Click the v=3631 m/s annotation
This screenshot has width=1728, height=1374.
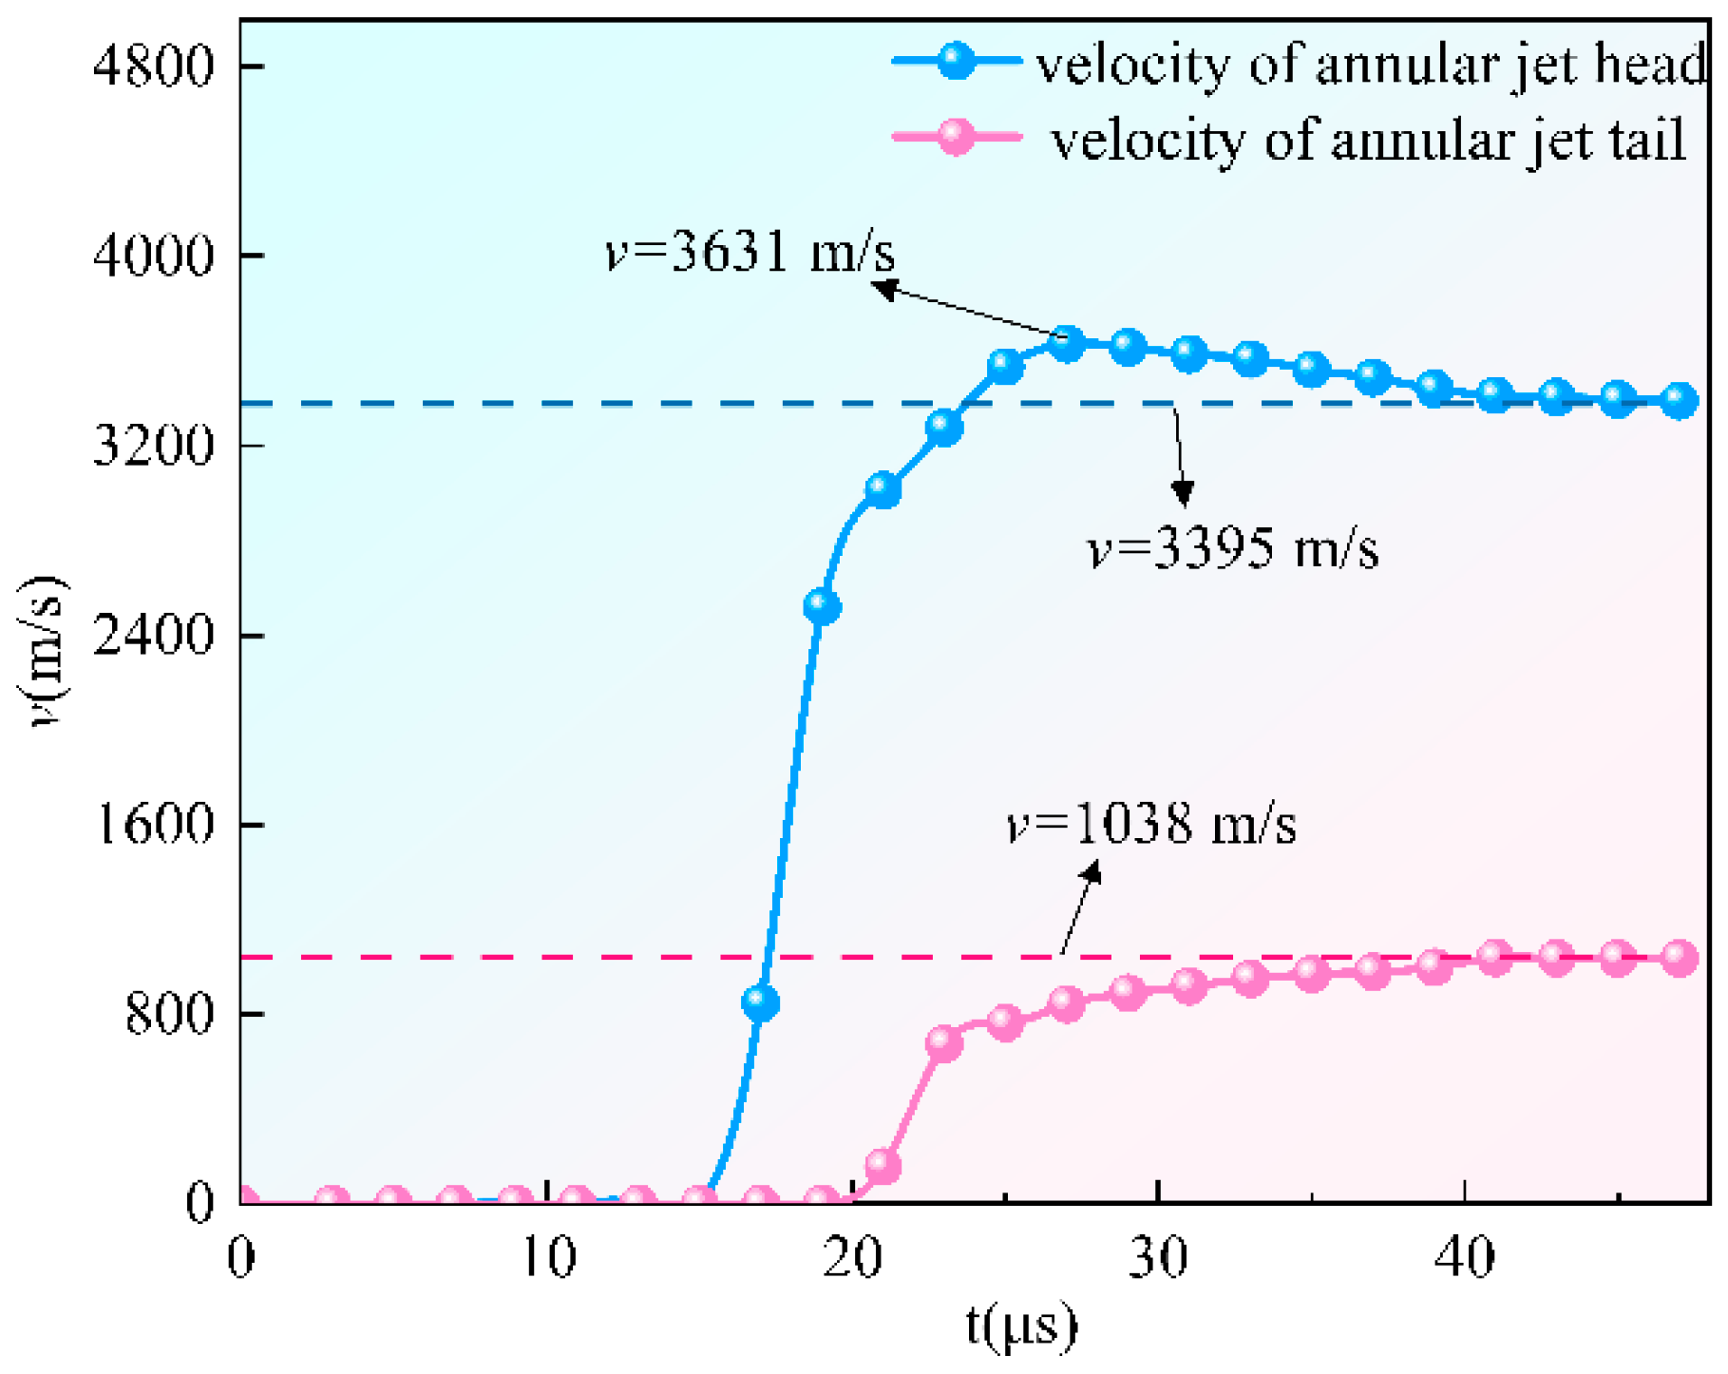tap(750, 254)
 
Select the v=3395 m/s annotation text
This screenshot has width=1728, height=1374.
tap(1232, 550)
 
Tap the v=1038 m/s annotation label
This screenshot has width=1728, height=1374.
tap(1150, 824)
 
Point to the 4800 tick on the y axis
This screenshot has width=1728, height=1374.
tap(153, 67)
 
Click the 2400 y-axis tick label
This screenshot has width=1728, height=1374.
tap(153, 635)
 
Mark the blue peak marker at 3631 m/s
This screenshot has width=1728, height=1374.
tap(1067, 344)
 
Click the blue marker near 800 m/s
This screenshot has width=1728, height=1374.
tap(761, 1002)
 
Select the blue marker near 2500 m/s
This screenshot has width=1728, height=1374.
tap(822, 606)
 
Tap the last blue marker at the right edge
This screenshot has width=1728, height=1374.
tap(1679, 400)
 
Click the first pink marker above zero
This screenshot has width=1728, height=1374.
tap(883, 1165)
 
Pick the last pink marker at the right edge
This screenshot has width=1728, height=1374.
tap(1679, 958)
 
